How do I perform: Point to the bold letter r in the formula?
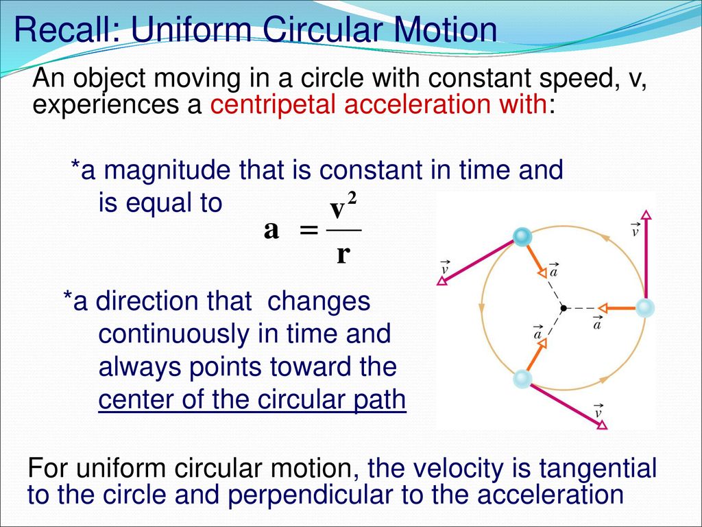[x=343, y=255]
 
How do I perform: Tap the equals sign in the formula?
[x=309, y=231]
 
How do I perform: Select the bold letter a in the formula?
[x=271, y=231]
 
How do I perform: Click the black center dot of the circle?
[x=564, y=308]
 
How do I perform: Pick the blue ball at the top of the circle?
[x=522, y=237]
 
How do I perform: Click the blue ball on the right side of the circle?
[x=645, y=308]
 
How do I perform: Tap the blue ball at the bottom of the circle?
[x=522, y=379]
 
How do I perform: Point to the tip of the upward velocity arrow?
[x=646, y=210]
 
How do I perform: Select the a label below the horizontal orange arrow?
[x=597, y=323]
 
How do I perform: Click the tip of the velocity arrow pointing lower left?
[x=437, y=283]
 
